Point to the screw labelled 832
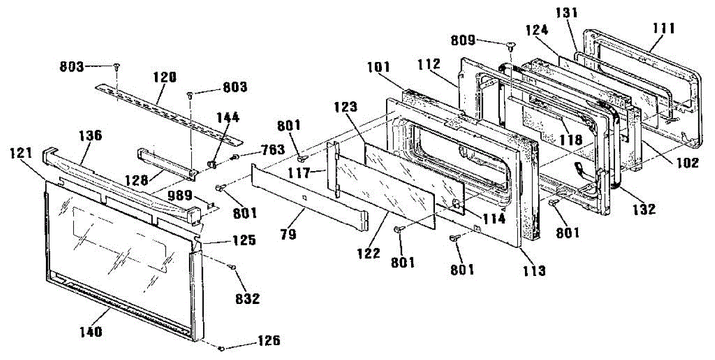click(232, 269)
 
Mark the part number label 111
click(663, 28)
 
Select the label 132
click(644, 209)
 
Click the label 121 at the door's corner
click(21, 154)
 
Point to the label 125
click(244, 241)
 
